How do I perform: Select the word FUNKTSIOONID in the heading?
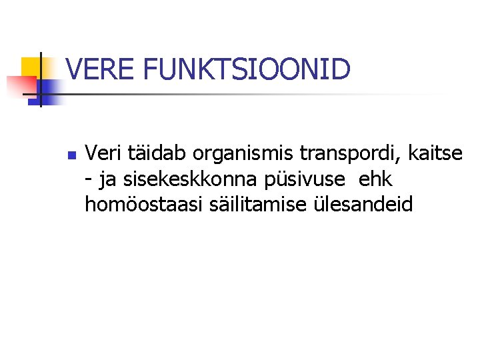(247, 70)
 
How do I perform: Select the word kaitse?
(437, 154)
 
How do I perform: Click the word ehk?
(376, 179)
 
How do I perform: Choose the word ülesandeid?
(363, 204)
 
